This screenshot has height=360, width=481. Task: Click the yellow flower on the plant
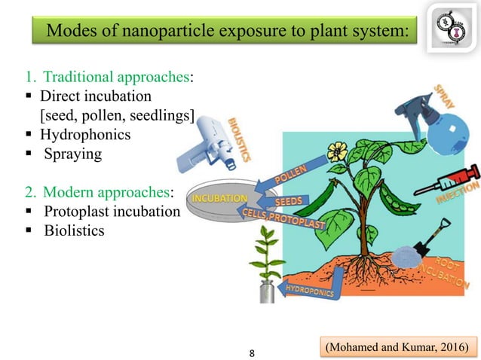(x=337, y=151)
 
